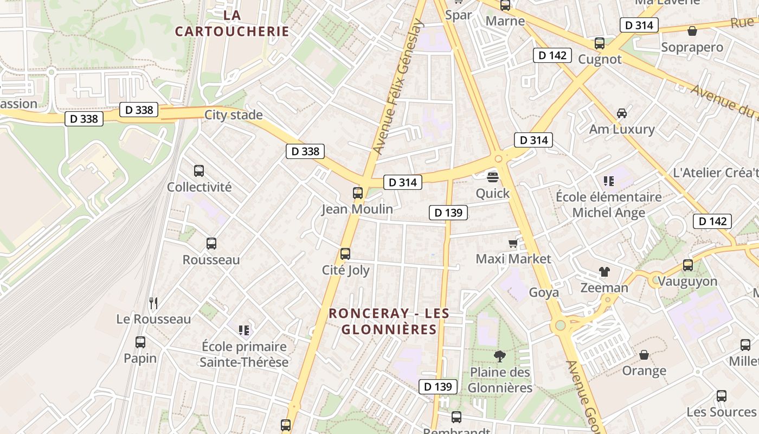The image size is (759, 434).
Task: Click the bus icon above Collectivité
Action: click(199, 171)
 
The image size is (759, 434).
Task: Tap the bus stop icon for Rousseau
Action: click(211, 244)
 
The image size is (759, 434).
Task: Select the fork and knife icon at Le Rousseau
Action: click(153, 303)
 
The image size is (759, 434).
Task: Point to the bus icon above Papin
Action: click(140, 342)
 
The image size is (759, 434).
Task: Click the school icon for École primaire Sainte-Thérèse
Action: click(244, 330)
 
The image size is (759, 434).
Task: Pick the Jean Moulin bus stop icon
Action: click(358, 193)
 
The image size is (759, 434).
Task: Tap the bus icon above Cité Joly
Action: click(345, 254)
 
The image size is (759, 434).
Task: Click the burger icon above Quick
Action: click(493, 177)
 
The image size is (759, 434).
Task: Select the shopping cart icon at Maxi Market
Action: click(513, 242)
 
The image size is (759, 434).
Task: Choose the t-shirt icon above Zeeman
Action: click(604, 271)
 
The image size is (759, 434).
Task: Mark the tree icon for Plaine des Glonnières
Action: click(500, 356)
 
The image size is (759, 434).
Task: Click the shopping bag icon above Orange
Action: click(644, 355)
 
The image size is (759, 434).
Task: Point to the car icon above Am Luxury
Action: click(622, 113)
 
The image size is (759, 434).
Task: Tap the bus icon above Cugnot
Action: click(600, 43)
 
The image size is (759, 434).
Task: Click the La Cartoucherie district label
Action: click(232, 23)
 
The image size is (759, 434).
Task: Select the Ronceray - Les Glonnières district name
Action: click(389, 321)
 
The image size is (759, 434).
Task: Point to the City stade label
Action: click(233, 115)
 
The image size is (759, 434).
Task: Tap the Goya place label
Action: click(544, 292)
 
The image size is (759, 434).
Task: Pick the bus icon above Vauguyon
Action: click(688, 265)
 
